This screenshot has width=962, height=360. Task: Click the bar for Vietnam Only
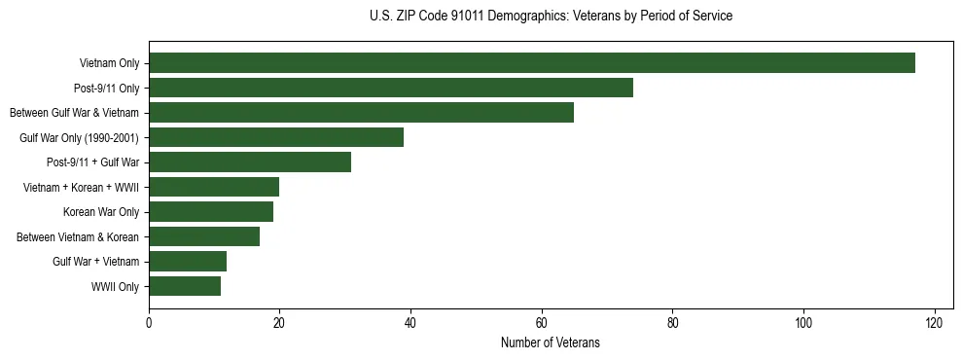(x=532, y=63)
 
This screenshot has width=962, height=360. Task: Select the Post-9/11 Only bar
(x=391, y=88)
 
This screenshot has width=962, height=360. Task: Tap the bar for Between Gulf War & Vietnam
(x=361, y=113)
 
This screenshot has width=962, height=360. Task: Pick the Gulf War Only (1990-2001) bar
(x=276, y=137)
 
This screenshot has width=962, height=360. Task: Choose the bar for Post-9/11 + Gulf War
(x=250, y=162)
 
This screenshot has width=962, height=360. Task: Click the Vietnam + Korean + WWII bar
(x=214, y=187)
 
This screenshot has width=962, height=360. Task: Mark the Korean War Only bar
(x=211, y=212)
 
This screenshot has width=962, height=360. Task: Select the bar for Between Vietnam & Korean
(x=204, y=236)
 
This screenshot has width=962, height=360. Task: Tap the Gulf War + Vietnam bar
(x=188, y=261)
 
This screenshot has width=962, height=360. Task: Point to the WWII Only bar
(x=185, y=286)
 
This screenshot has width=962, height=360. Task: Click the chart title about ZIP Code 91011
(x=551, y=17)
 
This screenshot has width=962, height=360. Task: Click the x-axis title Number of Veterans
(x=551, y=342)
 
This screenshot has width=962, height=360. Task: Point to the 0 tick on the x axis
(x=149, y=323)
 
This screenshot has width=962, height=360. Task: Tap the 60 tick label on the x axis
(x=542, y=323)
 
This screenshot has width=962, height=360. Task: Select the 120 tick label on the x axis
(x=935, y=323)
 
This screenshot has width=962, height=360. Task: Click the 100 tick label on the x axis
(x=803, y=323)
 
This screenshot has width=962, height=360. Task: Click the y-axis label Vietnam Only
(x=109, y=64)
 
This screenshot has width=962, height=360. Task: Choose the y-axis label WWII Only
(x=115, y=287)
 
